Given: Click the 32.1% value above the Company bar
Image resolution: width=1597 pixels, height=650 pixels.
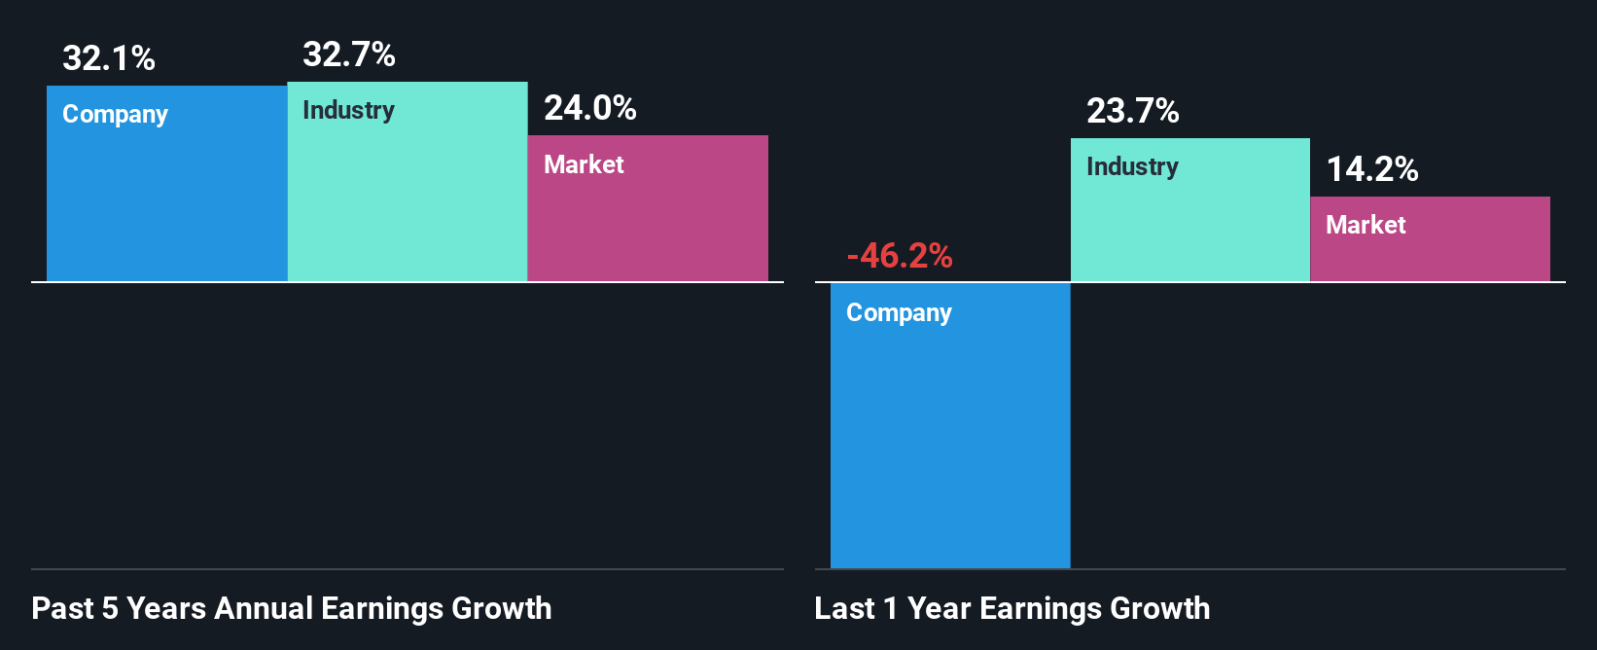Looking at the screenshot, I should point(109,58).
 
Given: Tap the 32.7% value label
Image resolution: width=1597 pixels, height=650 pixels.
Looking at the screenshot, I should point(349,54).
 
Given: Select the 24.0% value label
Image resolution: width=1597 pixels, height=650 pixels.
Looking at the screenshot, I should point(590,108).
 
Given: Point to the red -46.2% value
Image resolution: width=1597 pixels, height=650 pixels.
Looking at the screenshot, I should point(900,256).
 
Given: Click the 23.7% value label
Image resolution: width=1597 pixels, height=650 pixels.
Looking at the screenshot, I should point(1133,111).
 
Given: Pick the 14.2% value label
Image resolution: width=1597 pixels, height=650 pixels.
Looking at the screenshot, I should point(1372,169).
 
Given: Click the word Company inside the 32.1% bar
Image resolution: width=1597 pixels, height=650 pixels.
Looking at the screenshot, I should point(116,115).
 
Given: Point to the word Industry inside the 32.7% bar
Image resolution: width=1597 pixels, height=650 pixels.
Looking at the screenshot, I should point(349,111).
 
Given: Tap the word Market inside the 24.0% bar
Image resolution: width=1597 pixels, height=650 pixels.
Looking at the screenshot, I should point(584,164).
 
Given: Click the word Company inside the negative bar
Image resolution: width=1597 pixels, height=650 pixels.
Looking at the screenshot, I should point(900,313).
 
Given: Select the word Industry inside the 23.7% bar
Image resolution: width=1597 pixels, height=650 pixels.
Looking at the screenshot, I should point(1133,167).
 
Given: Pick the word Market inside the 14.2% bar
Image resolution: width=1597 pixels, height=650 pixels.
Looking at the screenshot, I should point(1366,225).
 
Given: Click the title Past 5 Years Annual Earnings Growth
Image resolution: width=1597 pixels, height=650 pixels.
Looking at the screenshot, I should point(292,608).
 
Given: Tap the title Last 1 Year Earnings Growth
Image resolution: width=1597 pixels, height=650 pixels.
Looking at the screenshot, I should point(1012,608).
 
